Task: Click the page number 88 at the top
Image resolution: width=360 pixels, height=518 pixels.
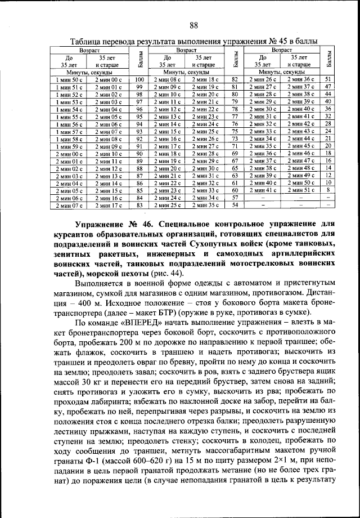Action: [193, 25]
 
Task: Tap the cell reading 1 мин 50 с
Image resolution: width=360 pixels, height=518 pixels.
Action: [69, 80]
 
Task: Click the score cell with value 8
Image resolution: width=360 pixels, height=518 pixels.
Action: [327, 190]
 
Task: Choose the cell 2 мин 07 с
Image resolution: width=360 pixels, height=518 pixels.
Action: [69, 205]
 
